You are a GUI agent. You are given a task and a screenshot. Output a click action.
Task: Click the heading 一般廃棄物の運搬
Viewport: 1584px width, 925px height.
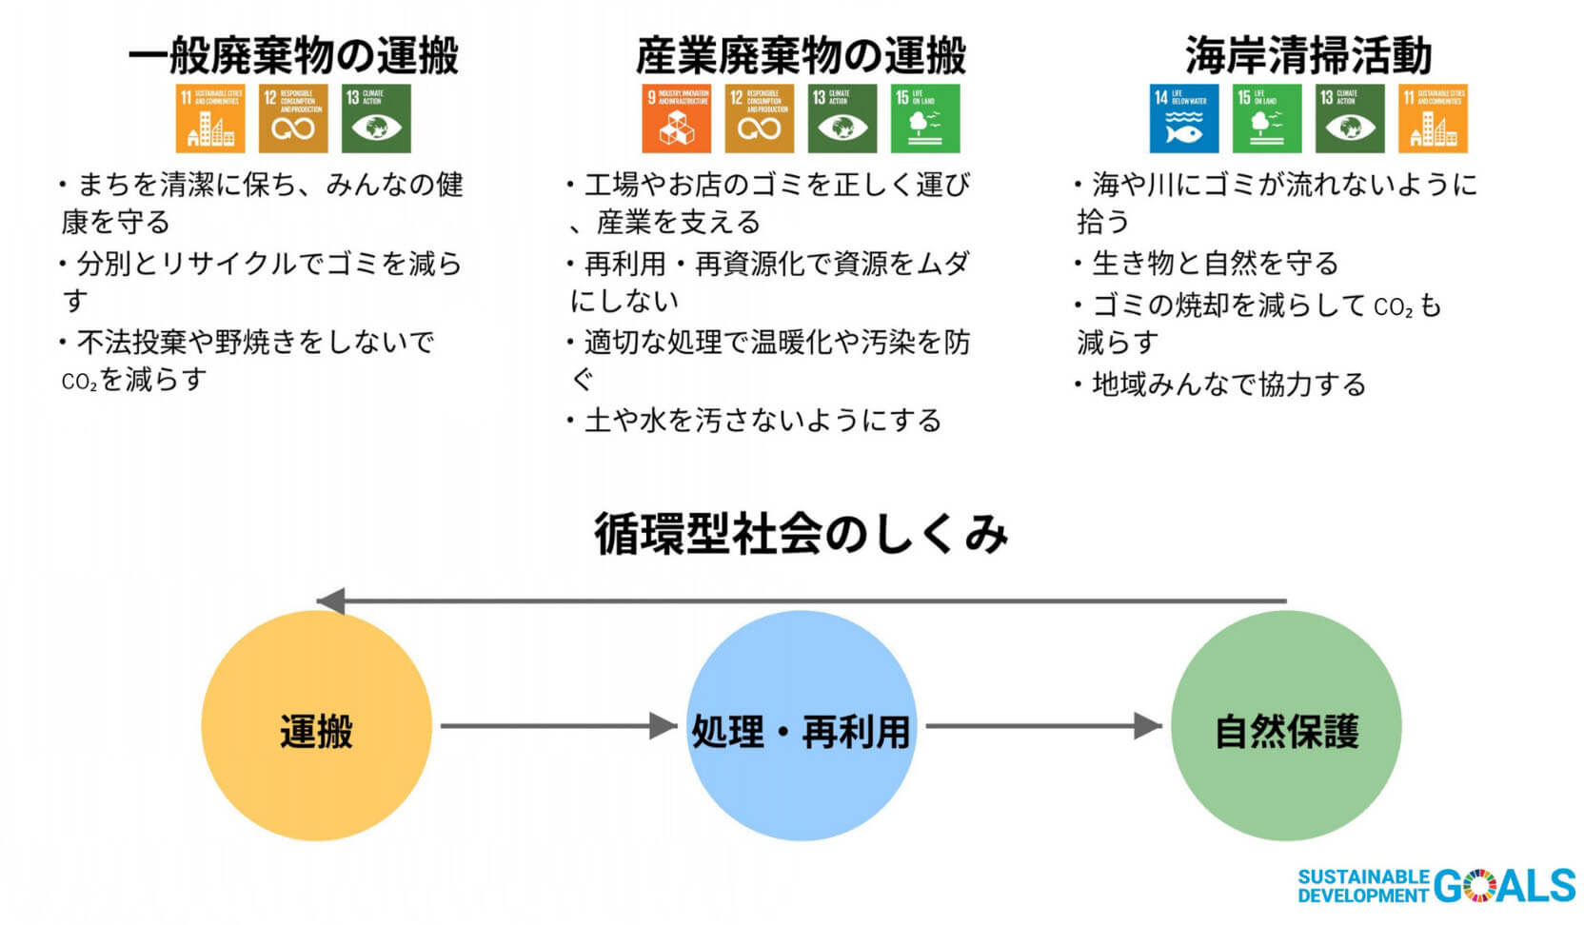pyautogui.click(x=293, y=56)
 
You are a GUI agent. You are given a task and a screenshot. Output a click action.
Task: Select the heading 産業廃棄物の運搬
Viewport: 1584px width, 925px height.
pyautogui.click(x=801, y=56)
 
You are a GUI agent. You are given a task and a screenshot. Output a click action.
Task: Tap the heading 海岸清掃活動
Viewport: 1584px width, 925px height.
pyautogui.click(x=1308, y=56)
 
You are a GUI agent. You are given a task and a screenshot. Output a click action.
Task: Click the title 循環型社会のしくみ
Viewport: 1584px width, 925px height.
pyautogui.click(x=801, y=534)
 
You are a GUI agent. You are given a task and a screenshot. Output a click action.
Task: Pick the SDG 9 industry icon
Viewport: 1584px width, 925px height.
pyautogui.click(x=676, y=119)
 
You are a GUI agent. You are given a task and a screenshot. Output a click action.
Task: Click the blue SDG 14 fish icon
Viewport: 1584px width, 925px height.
pyautogui.click(x=1183, y=119)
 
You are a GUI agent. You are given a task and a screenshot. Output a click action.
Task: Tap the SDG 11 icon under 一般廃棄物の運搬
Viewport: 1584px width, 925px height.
pyautogui.click(x=210, y=119)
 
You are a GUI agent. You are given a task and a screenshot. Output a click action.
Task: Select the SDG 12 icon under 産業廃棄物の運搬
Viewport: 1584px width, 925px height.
pyautogui.click(x=759, y=119)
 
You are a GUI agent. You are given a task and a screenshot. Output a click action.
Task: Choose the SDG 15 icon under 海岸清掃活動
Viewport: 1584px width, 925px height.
pyautogui.click(x=1266, y=119)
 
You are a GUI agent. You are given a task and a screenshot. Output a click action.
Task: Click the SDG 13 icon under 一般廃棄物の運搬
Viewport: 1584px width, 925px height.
pyautogui.click(x=376, y=119)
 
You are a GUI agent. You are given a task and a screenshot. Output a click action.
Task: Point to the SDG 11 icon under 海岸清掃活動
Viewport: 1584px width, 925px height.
pyautogui.click(x=1432, y=119)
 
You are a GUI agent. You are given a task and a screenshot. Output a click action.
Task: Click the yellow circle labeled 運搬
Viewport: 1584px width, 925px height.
pyautogui.click(x=316, y=726)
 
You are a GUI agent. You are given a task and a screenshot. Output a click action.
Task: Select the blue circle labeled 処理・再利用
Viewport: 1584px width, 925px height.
pyautogui.click(x=801, y=726)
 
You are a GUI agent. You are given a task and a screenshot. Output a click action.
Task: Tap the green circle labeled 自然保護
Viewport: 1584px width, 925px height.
pyautogui.click(x=1286, y=726)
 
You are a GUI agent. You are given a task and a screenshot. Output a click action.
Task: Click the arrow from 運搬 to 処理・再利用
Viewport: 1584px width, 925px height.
pyautogui.click(x=558, y=726)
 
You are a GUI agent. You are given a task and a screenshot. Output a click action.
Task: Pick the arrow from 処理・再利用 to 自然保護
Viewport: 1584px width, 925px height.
pyautogui.click(x=1043, y=726)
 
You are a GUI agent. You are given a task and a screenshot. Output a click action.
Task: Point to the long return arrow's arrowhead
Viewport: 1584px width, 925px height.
pyautogui.click(x=330, y=601)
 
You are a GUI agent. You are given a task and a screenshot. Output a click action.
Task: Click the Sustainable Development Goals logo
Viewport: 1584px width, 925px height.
pyautogui.click(x=1436, y=885)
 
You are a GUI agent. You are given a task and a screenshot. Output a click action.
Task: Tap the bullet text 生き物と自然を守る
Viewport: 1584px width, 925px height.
pyautogui.click(x=1215, y=263)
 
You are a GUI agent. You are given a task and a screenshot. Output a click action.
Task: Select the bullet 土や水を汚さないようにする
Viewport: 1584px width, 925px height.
pyautogui.click(x=762, y=421)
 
